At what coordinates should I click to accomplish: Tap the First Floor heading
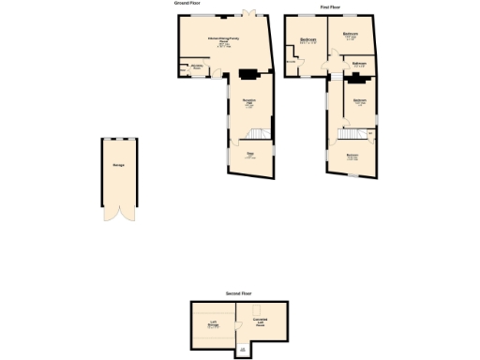[329, 7]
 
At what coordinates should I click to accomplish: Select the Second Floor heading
[239, 293]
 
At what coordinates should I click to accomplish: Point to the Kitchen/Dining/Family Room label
[224, 41]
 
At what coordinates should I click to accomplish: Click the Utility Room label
[198, 67]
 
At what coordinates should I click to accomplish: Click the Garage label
[119, 165]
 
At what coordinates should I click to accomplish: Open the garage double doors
[120, 213]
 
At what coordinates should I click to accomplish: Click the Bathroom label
[358, 64]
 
